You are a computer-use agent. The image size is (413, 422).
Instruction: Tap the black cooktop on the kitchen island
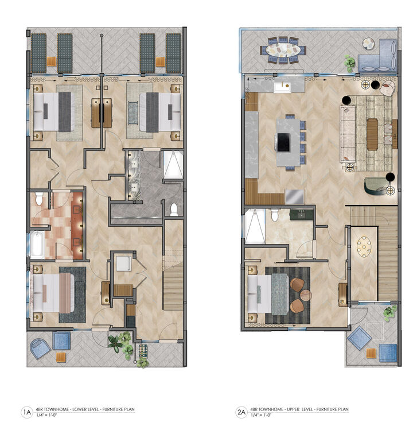pyautogui.click(x=284, y=140)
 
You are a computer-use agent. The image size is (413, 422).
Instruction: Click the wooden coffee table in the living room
pyautogui.click(x=372, y=134)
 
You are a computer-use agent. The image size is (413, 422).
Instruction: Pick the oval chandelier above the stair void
pyautogui.click(x=364, y=248)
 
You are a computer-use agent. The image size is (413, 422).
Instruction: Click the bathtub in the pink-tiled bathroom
pyautogui.click(x=37, y=245)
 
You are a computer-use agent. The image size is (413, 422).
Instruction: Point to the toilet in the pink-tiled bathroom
pyautogui.click(x=39, y=199)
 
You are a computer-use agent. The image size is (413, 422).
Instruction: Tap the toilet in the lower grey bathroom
pyautogui.click(x=174, y=208)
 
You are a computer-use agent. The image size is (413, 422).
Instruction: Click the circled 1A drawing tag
pyautogui.click(x=26, y=412)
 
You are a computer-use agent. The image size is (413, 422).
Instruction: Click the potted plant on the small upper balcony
pyautogui.click(x=390, y=313)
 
